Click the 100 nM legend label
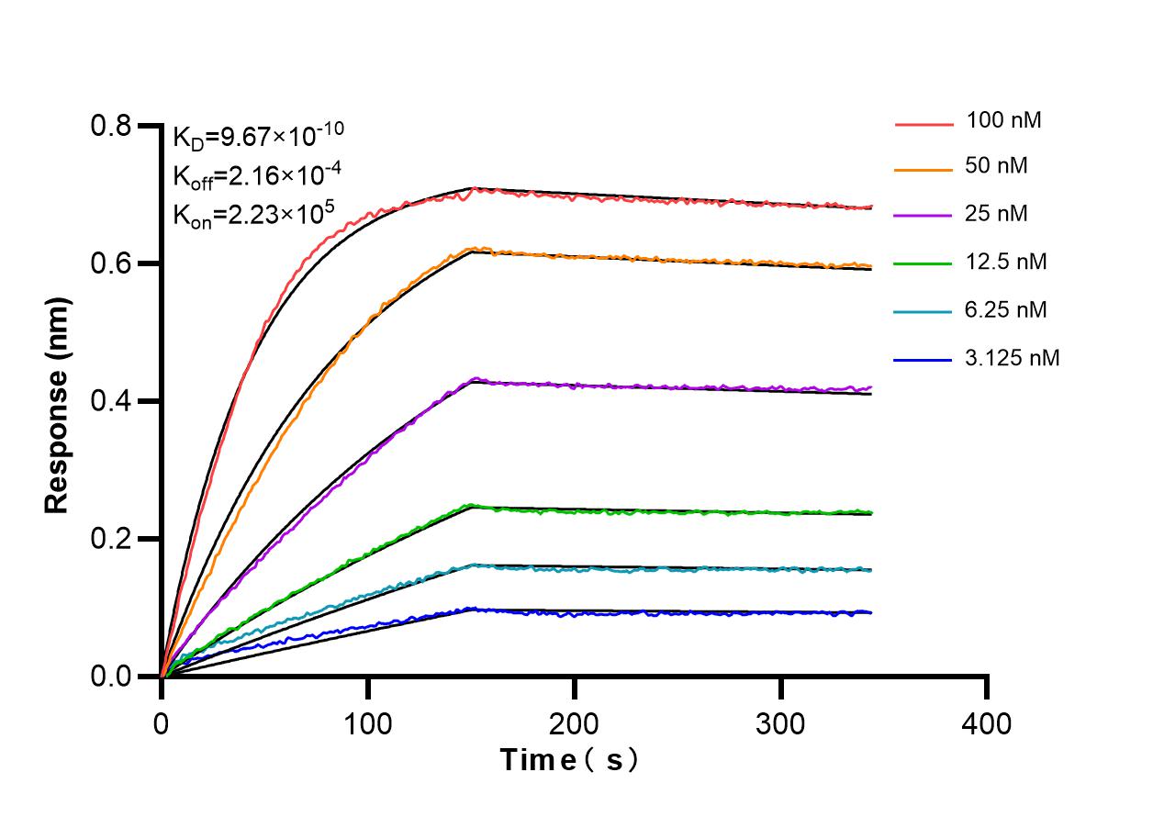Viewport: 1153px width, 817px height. [x=1003, y=119]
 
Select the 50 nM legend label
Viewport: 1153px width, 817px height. [x=997, y=167]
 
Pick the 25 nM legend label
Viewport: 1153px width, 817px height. [x=997, y=215]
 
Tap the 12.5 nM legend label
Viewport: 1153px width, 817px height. [x=1006, y=263]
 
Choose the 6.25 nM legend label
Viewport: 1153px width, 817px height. [x=1006, y=310]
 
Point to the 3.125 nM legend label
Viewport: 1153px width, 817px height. [x=1013, y=358]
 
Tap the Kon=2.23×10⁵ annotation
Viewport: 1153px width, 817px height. [x=252, y=214]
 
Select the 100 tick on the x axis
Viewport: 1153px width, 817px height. [x=368, y=723]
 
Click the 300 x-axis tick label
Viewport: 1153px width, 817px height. [x=781, y=723]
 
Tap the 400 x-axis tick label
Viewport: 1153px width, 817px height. [x=988, y=723]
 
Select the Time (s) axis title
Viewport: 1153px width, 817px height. [x=568, y=760]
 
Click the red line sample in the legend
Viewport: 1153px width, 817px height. [x=923, y=121]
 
